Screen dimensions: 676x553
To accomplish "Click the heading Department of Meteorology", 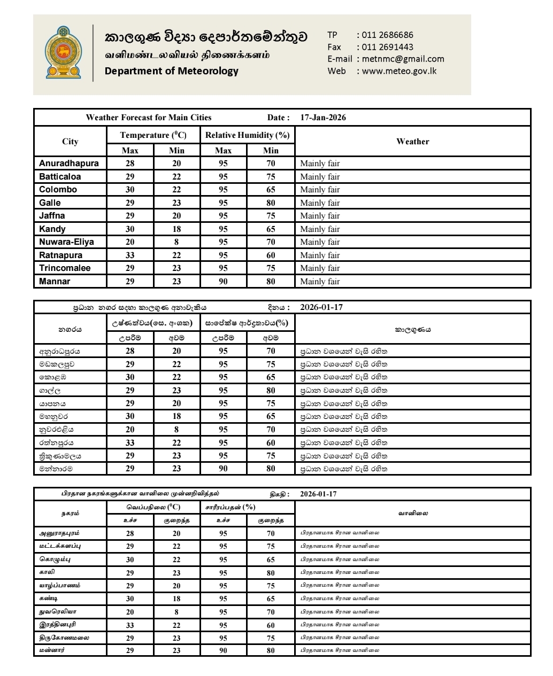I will click(171, 71).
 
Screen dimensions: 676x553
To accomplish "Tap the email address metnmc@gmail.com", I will click(403, 59).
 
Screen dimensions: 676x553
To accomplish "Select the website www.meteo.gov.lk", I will click(399, 71).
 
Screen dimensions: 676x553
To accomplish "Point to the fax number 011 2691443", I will click(387, 47).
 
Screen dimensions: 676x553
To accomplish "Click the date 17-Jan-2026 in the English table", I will click(323, 118).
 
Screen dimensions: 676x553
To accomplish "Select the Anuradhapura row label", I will click(69, 164).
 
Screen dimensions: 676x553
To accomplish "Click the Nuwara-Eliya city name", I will click(66, 242).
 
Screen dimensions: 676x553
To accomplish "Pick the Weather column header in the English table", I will click(412, 142).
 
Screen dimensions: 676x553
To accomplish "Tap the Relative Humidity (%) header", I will click(247, 135).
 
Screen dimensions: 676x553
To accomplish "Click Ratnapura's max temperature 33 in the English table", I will click(130, 255).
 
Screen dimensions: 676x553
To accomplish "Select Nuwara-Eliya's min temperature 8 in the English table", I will click(176, 242).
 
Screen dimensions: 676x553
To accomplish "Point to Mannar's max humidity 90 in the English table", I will click(223, 282).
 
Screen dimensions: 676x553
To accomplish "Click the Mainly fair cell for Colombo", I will click(320, 190).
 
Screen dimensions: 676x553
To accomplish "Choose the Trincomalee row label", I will click(65, 268).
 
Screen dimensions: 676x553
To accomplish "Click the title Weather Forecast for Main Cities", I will click(149, 118).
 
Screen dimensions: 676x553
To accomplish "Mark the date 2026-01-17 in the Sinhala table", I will click(321, 307).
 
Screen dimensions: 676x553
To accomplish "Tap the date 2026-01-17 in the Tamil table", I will click(319, 494).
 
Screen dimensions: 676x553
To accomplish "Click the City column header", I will click(70, 142).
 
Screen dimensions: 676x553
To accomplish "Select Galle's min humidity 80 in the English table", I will click(271, 203).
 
